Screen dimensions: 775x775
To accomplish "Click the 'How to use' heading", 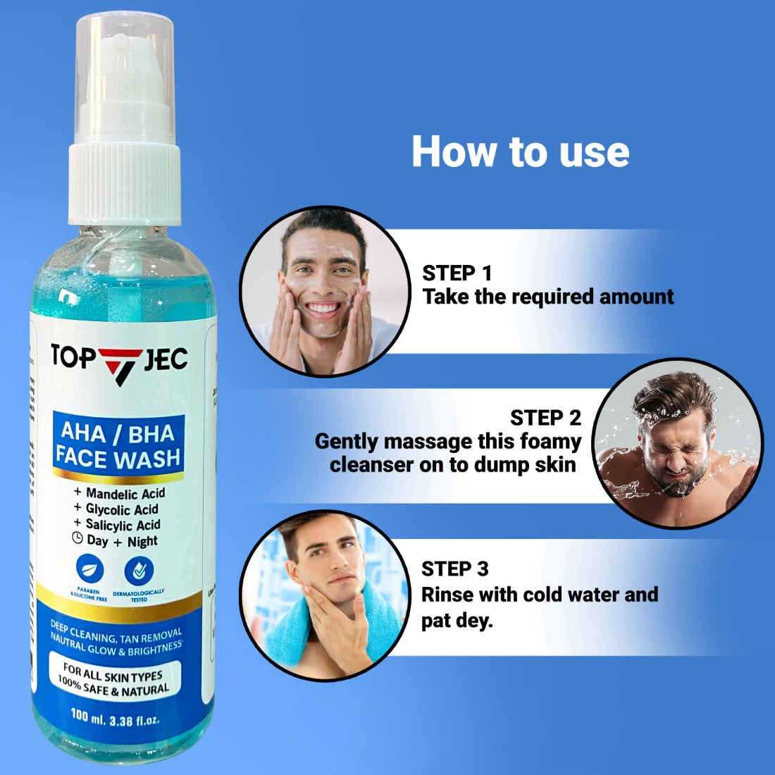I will (520, 151).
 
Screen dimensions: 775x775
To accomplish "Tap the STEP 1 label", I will (457, 273).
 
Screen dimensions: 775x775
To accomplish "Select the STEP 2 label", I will (545, 418).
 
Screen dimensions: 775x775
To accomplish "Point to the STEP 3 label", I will (454, 569).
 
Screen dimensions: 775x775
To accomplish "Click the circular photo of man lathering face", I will (325, 291).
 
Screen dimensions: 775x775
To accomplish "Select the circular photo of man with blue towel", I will (325, 595).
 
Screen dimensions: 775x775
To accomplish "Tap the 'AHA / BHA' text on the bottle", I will (118, 432).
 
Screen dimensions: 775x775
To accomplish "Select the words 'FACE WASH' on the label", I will (118, 458).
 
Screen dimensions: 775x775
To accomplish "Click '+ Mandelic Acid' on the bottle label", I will (119, 493).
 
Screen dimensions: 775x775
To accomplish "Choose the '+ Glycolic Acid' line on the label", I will (116, 509).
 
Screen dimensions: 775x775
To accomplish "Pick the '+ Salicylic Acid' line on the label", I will (117, 525).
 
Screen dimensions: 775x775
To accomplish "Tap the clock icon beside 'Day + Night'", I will (77, 539).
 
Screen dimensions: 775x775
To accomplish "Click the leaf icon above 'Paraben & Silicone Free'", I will (89, 569).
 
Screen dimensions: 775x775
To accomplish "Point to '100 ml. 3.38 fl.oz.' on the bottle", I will (115, 718).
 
